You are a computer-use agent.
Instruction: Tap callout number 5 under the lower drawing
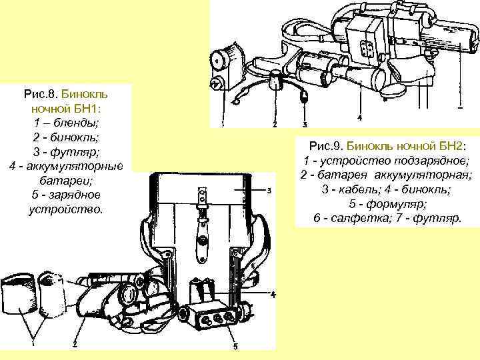[x=235, y=346]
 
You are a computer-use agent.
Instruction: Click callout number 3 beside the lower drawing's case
[x=268, y=191]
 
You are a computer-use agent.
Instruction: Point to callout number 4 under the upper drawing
[x=359, y=118]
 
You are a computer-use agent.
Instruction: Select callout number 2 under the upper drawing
[x=275, y=124]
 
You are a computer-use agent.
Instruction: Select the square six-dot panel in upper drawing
[x=365, y=48]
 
